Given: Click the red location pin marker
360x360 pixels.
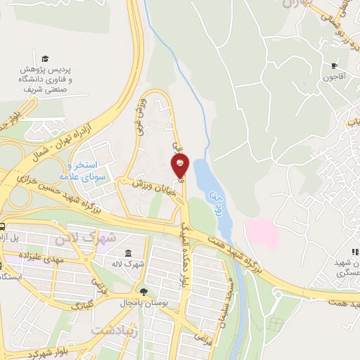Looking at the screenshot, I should pyautogui.click(x=180, y=166).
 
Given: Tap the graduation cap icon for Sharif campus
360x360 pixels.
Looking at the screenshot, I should pyautogui.click(x=46, y=58).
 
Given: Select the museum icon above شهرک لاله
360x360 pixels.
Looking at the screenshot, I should pyautogui.click(x=127, y=253).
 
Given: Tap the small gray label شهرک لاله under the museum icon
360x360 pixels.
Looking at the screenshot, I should pyautogui.click(x=131, y=265).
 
